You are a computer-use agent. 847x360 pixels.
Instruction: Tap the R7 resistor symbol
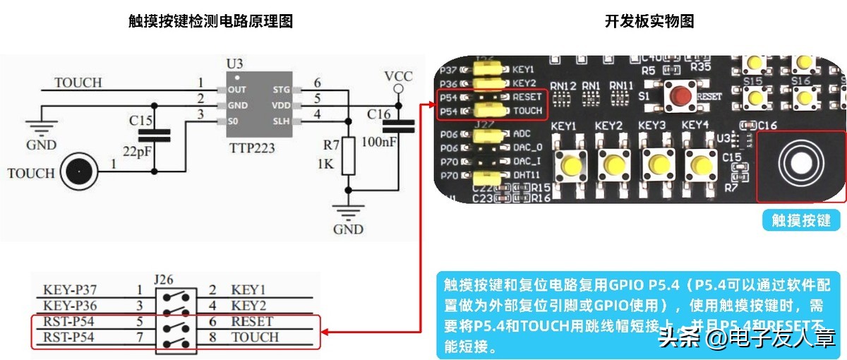tap(347, 155)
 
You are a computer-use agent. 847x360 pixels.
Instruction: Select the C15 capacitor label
tap(140, 121)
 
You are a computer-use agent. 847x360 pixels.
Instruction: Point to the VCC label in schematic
tap(398, 76)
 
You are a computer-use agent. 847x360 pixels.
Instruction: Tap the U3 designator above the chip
tap(235, 64)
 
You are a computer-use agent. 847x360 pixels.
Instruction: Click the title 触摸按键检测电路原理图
tap(210, 21)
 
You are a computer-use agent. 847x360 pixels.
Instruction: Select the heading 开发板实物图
tap(649, 21)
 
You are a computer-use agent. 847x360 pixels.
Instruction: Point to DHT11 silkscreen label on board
tap(528, 174)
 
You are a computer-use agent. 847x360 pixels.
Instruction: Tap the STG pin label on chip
tap(281, 90)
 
